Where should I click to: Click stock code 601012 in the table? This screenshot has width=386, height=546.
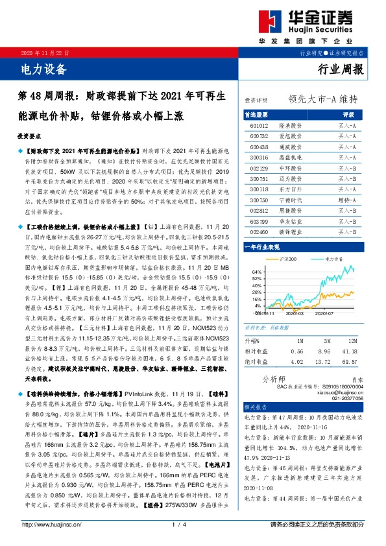coord(259,126)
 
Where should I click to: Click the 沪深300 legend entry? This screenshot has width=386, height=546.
coord(293,259)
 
